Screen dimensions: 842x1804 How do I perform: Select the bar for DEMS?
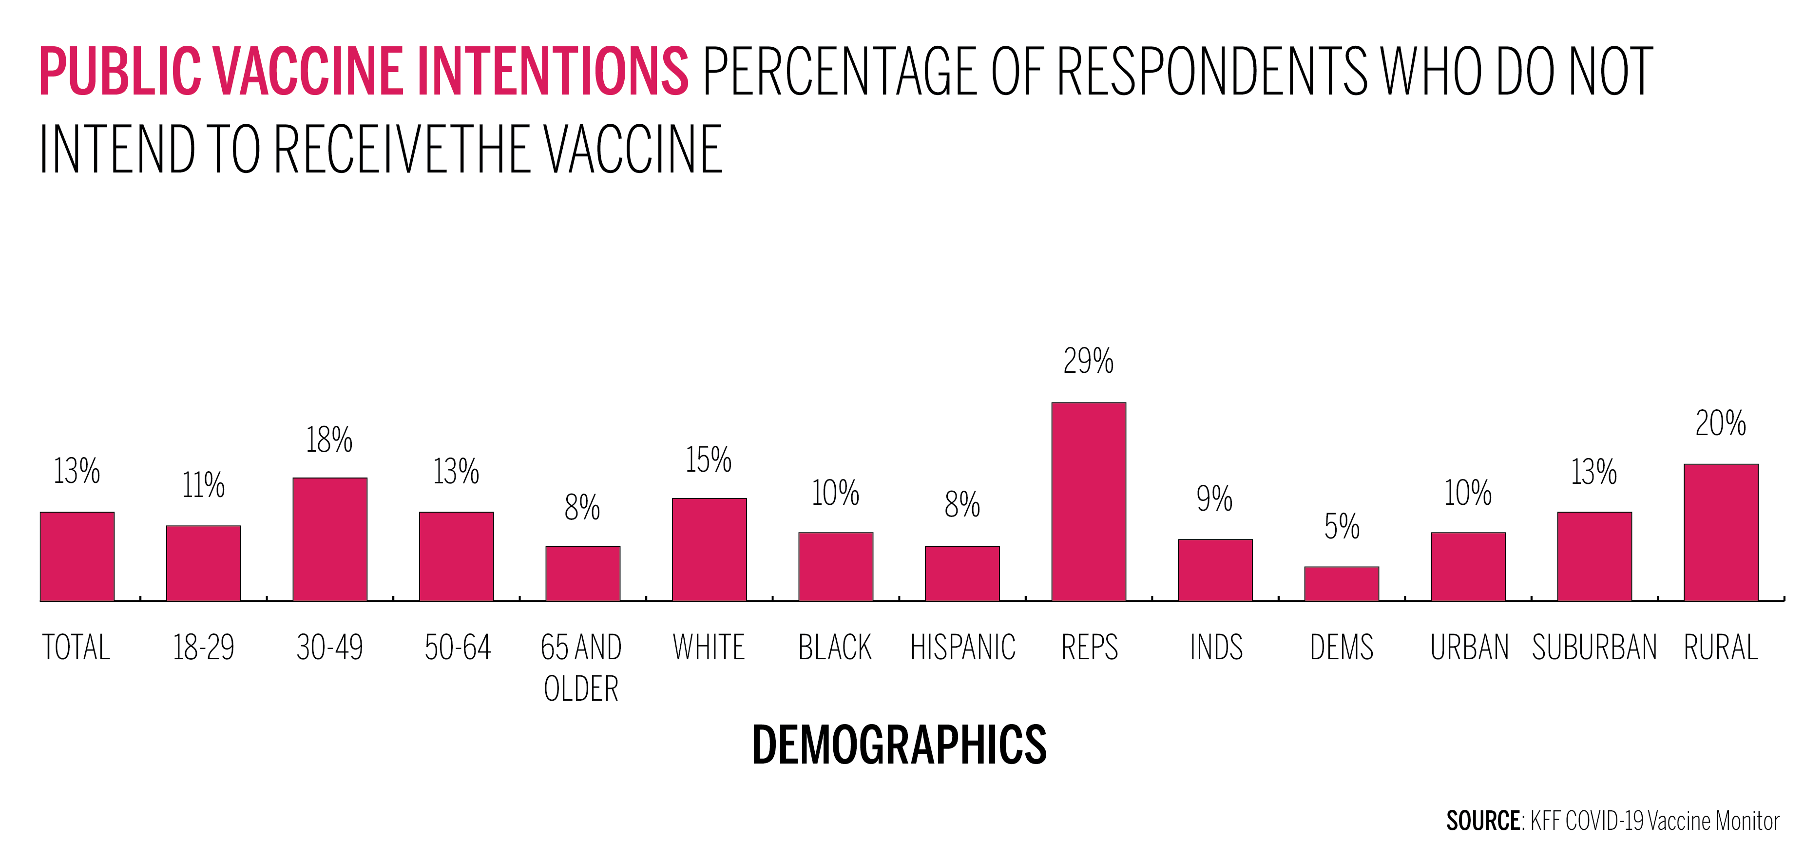pos(1341,584)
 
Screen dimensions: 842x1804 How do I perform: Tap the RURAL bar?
pos(1721,533)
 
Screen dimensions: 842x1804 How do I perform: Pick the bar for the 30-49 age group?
pos(330,539)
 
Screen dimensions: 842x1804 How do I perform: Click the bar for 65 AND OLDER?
pos(583,573)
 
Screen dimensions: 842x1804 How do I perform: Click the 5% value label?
pos(1341,527)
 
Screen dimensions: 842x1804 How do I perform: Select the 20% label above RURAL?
pos(1721,423)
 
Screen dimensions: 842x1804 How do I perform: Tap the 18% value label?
pos(329,440)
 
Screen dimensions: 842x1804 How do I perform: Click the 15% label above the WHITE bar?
pos(709,460)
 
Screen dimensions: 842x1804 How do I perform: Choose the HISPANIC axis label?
pos(962,647)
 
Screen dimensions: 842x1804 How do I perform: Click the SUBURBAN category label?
pos(1594,647)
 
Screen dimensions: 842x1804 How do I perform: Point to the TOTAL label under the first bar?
pos(77,647)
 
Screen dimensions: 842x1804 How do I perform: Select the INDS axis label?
pos(1216,647)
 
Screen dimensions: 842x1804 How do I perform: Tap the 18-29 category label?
pos(203,647)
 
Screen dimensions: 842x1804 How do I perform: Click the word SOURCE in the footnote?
pos(1482,820)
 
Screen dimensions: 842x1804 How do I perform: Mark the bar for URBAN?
pos(1468,567)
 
